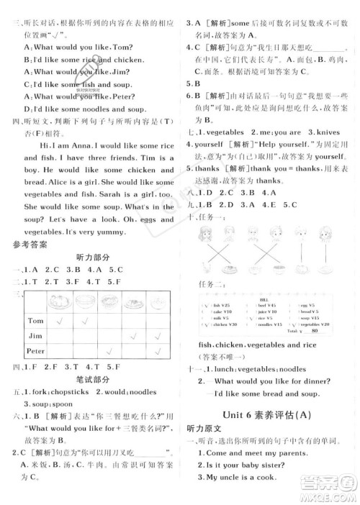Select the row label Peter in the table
[35, 350]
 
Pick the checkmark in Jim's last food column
[158, 335]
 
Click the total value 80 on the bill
[315, 331]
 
